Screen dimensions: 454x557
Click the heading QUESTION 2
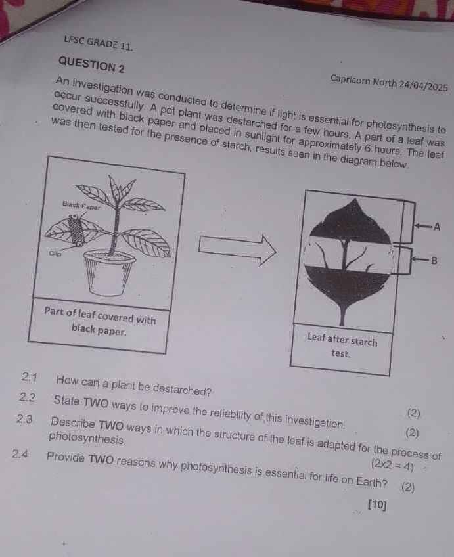tap(91, 64)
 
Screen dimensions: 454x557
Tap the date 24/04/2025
tap(423, 85)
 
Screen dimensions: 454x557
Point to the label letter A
tap(437, 227)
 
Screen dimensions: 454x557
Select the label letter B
tap(434, 261)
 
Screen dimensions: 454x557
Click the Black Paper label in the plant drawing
tap(81, 206)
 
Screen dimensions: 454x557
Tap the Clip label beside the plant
tap(55, 254)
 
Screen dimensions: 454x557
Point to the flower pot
tap(109, 272)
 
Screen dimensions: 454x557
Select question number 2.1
tap(29, 377)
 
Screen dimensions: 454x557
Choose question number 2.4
tap(20, 454)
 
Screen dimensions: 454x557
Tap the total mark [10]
tap(377, 504)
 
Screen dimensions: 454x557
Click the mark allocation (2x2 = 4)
tap(392, 465)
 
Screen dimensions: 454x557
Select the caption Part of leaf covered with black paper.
tap(100, 321)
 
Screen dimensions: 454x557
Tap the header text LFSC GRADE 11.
tap(99, 43)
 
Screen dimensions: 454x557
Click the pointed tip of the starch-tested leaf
tap(354, 199)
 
